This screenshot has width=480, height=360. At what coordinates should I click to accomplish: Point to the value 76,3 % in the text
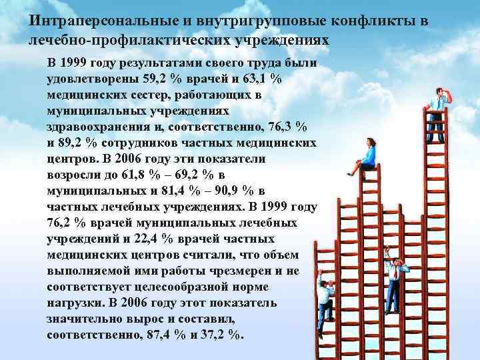coord(283,126)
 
